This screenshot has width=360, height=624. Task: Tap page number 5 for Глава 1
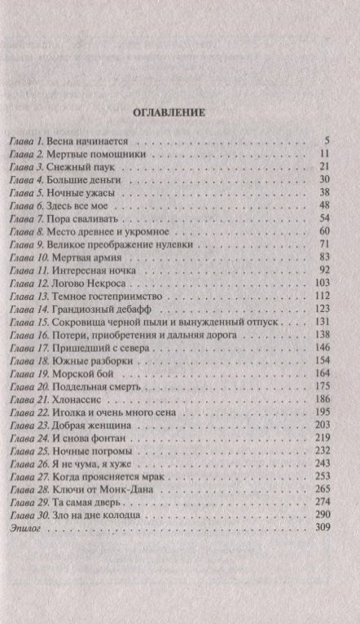[x=324, y=141]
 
